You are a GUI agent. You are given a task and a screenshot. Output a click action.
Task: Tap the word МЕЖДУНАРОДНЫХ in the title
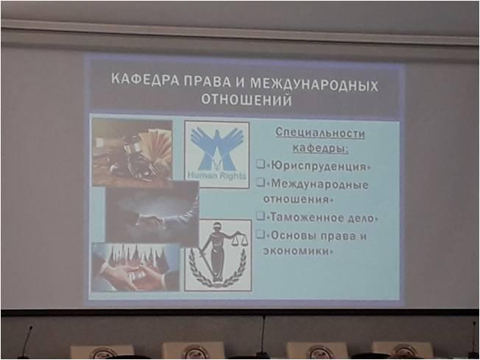click(x=314, y=84)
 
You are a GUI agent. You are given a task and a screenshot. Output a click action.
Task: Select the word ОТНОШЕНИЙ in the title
click(x=246, y=99)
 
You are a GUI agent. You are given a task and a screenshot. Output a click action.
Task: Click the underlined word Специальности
click(x=320, y=133)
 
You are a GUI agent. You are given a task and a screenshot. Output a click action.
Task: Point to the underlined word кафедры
click(x=320, y=148)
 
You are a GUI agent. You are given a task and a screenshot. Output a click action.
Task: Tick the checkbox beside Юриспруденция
click(x=261, y=164)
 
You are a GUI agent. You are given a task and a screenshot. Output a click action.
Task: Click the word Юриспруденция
click(x=318, y=166)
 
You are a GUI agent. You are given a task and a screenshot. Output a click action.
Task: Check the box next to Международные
click(x=261, y=183)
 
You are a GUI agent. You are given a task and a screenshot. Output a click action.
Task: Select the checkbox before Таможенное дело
click(x=261, y=216)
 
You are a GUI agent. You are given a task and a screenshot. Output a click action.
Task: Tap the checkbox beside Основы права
click(x=261, y=234)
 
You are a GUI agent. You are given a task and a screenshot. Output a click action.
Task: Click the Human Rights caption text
click(x=216, y=176)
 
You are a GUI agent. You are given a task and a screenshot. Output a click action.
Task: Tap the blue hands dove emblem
click(x=217, y=149)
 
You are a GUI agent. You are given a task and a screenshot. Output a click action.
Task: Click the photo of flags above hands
click(x=135, y=267)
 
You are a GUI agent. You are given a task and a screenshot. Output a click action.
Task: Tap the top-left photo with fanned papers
click(x=133, y=152)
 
